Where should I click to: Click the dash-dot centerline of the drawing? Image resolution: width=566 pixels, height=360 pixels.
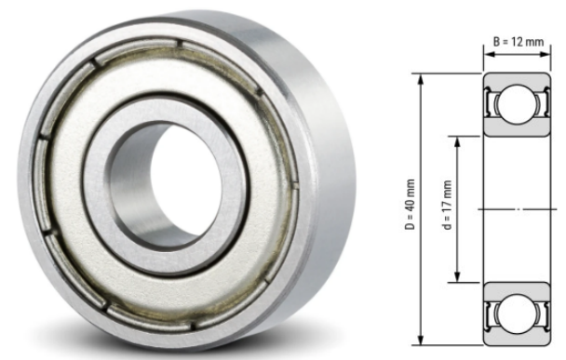click(x=512, y=209)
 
